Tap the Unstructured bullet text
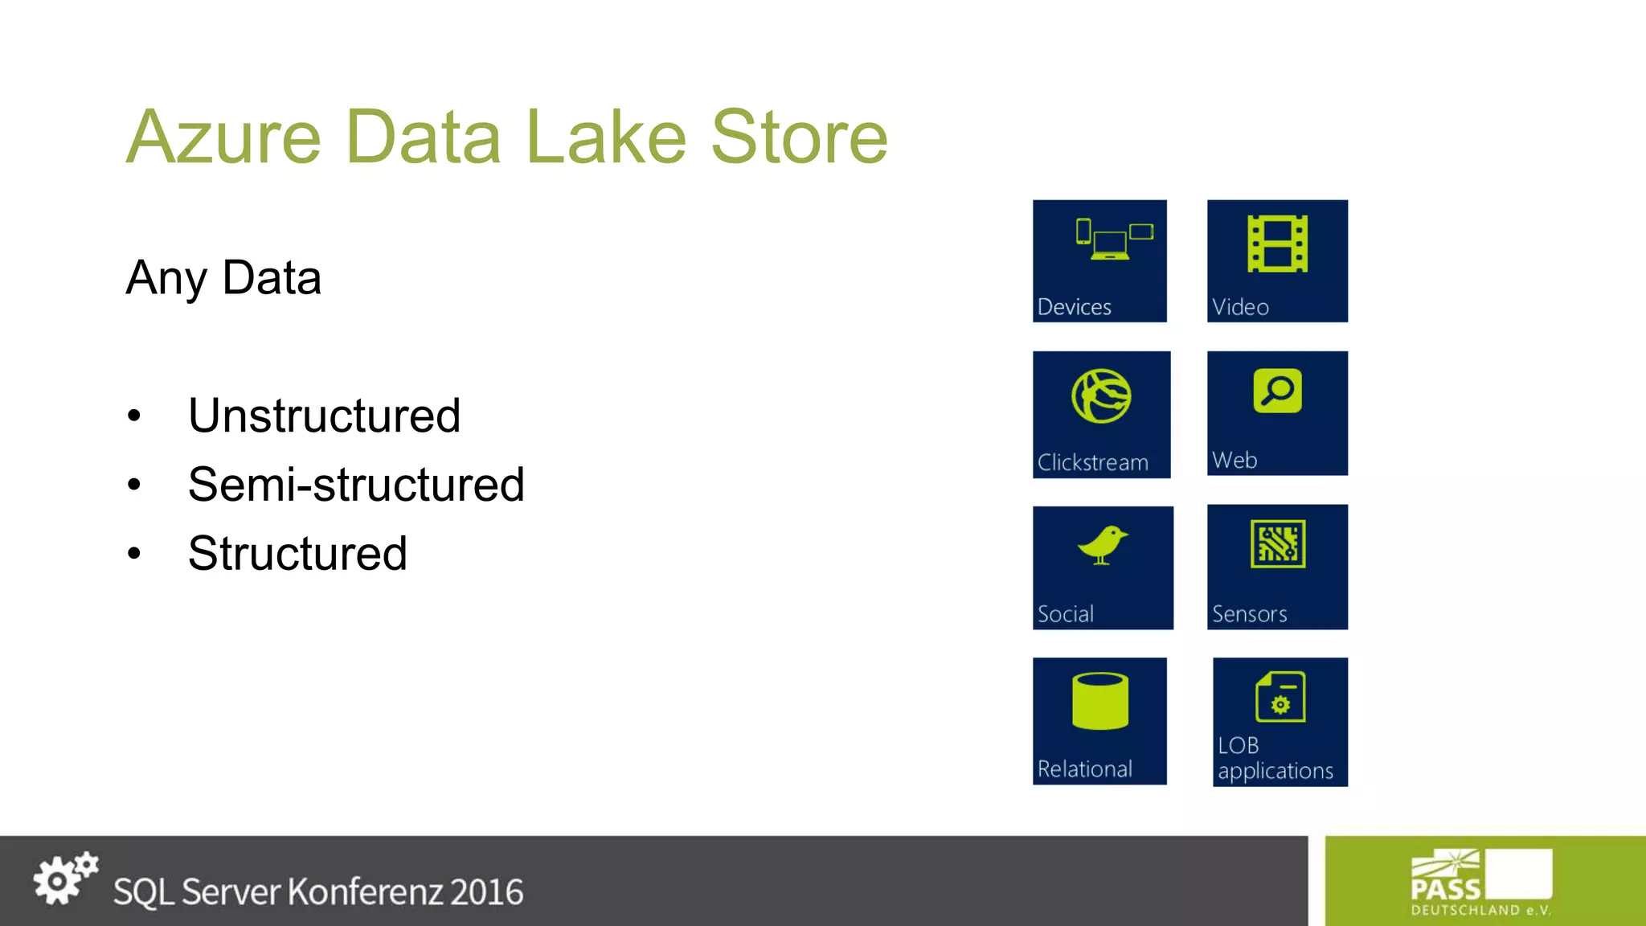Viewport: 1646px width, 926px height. [324, 416]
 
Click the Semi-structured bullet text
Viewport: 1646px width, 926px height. [356, 485]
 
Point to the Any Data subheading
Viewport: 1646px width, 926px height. [223, 278]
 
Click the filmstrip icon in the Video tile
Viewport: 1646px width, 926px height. [1277, 244]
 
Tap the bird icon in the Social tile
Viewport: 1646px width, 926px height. [1102, 546]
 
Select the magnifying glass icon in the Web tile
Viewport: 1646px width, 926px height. [1277, 391]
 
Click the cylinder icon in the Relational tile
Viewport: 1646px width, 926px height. [1100, 701]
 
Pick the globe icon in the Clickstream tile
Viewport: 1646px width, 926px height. [1101, 395]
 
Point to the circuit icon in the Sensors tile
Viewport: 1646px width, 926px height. [1277, 544]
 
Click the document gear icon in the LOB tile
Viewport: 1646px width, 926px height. [1280, 697]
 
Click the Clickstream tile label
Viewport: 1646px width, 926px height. [1092, 463]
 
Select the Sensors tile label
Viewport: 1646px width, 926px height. [1249, 614]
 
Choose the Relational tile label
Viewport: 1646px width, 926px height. [1084, 769]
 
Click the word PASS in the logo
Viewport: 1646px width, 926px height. [1445, 889]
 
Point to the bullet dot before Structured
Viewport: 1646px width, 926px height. [134, 554]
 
